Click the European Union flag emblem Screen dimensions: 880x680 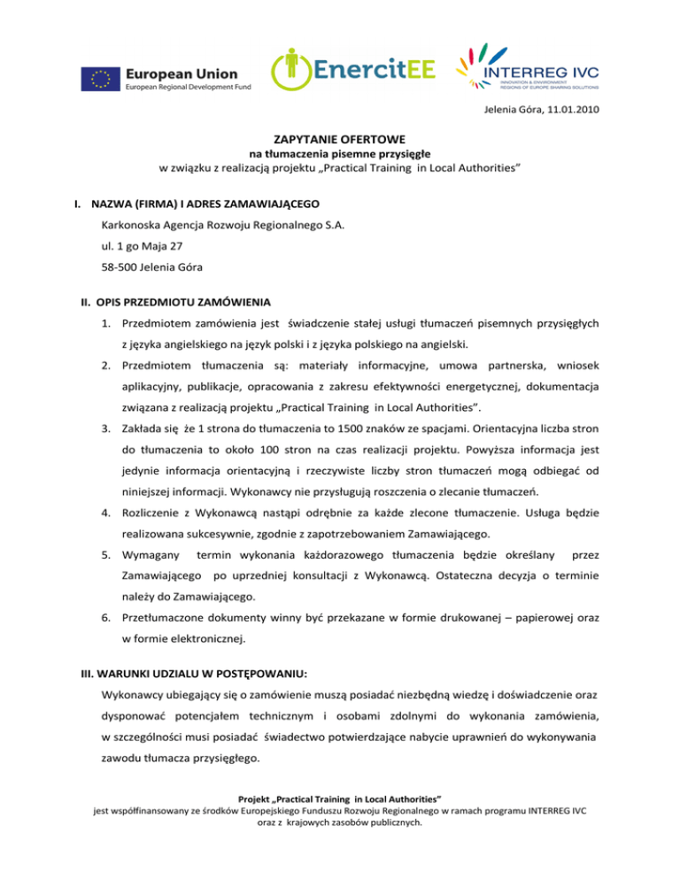[101, 79]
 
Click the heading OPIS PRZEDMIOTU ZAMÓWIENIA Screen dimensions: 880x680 [175, 300]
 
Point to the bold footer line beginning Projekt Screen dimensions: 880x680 [339, 822]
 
